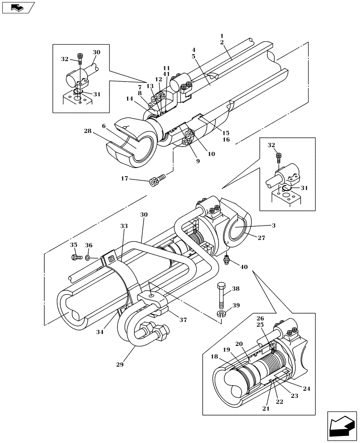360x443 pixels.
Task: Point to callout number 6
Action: tap(103, 126)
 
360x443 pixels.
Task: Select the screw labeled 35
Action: tap(76, 257)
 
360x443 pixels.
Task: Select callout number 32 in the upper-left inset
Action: tap(64, 58)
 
